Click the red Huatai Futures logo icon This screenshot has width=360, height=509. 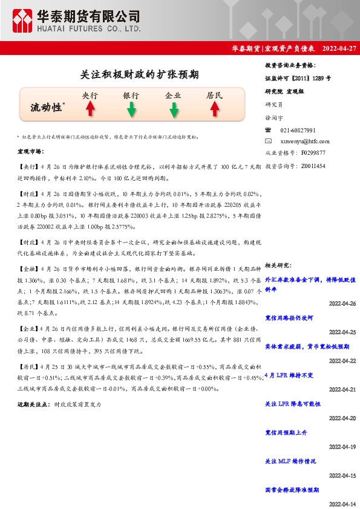click(x=23, y=22)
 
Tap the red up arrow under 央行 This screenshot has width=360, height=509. click(x=90, y=109)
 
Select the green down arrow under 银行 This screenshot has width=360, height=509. click(x=131, y=109)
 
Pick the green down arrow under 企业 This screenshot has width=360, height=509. click(x=174, y=109)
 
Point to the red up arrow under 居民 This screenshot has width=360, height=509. click(x=214, y=109)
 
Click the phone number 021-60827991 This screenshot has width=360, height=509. click(x=298, y=130)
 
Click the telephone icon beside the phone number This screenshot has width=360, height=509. click(x=269, y=130)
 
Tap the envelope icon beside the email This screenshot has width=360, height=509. click(x=269, y=141)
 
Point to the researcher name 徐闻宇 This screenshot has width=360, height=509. click(x=275, y=118)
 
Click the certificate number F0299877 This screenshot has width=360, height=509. click(x=313, y=152)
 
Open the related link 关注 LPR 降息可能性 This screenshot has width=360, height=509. click(x=292, y=404)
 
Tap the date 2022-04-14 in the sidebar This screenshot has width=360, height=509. click(x=342, y=504)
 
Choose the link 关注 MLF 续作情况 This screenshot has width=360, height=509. click(x=290, y=461)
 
